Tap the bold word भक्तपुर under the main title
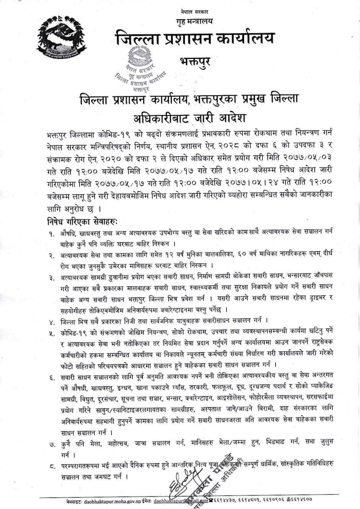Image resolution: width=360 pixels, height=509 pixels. (195, 61)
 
